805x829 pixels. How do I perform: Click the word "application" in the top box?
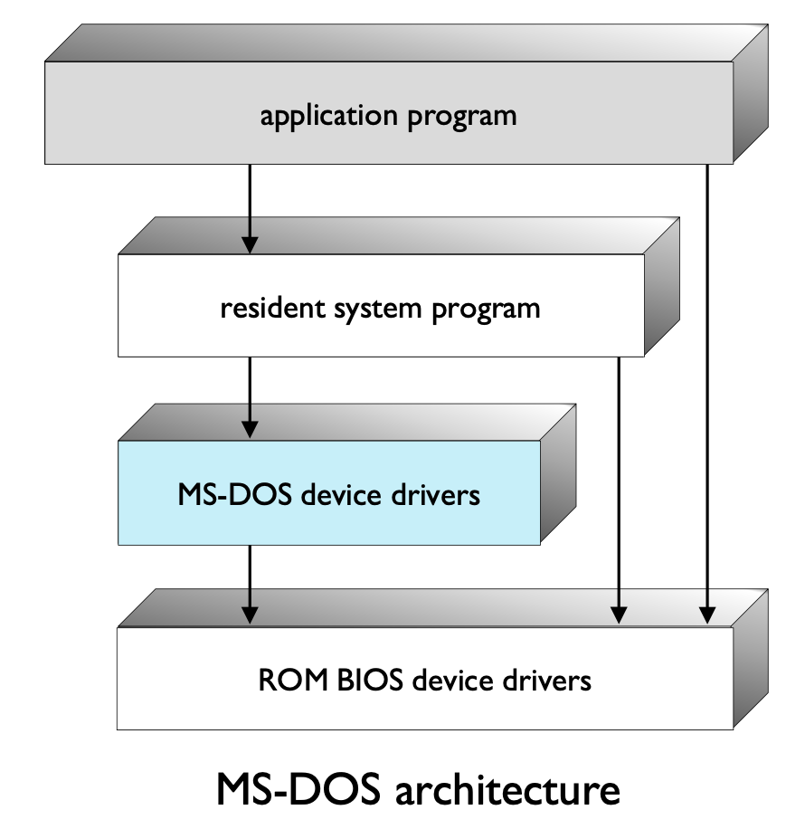[x=316, y=117]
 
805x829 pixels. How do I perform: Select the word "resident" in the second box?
[x=264, y=309]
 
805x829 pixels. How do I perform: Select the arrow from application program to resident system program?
[x=251, y=208]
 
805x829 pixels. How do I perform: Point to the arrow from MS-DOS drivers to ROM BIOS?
[x=251, y=584]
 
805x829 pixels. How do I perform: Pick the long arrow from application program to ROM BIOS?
[x=706, y=389]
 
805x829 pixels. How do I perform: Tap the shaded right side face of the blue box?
[x=558, y=475]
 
